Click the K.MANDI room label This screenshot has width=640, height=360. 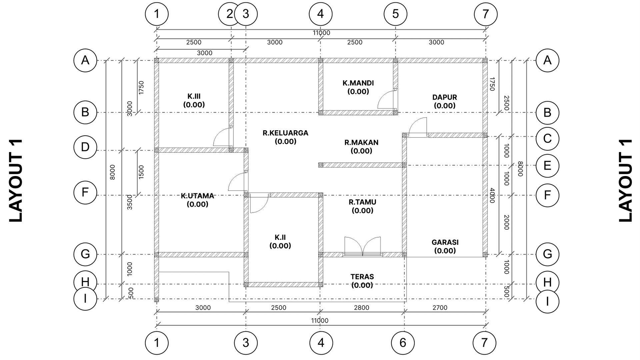(x=358, y=87)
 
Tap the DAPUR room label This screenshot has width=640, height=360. (x=444, y=101)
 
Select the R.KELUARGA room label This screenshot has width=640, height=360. (x=285, y=137)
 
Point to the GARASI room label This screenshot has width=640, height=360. (x=445, y=246)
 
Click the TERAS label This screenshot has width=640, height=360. (x=362, y=281)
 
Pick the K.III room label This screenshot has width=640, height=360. (x=194, y=100)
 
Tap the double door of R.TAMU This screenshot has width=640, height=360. (x=362, y=247)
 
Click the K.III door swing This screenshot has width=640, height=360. (x=221, y=137)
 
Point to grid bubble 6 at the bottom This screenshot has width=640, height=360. (x=403, y=342)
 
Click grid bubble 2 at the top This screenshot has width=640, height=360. (x=229, y=14)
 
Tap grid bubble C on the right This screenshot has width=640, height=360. (x=547, y=138)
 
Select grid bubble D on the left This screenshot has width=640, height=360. (x=85, y=147)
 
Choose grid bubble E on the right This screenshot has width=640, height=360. (x=547, y=166)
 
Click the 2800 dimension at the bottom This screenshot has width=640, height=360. (x=361, y=307)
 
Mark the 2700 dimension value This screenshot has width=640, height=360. (x=440, y=307)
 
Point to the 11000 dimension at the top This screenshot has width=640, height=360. (x=321, y=33)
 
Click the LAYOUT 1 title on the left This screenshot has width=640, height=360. (x=16, y=180)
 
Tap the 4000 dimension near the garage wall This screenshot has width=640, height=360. (x=492, y=195)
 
